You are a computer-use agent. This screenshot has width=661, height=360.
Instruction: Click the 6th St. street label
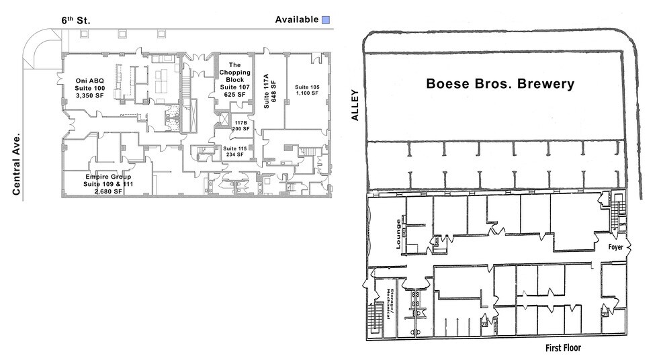[x=76, y=20]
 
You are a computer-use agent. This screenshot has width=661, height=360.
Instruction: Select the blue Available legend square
[x=326, y=20]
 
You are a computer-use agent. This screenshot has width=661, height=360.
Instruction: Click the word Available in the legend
[x=296, y=19]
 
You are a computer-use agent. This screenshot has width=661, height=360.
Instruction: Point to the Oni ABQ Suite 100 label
[x=90, y=88]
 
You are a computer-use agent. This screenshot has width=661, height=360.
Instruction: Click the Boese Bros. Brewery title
[x=500, y=84]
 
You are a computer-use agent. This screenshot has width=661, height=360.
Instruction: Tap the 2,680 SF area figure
[x=107, y=191]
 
